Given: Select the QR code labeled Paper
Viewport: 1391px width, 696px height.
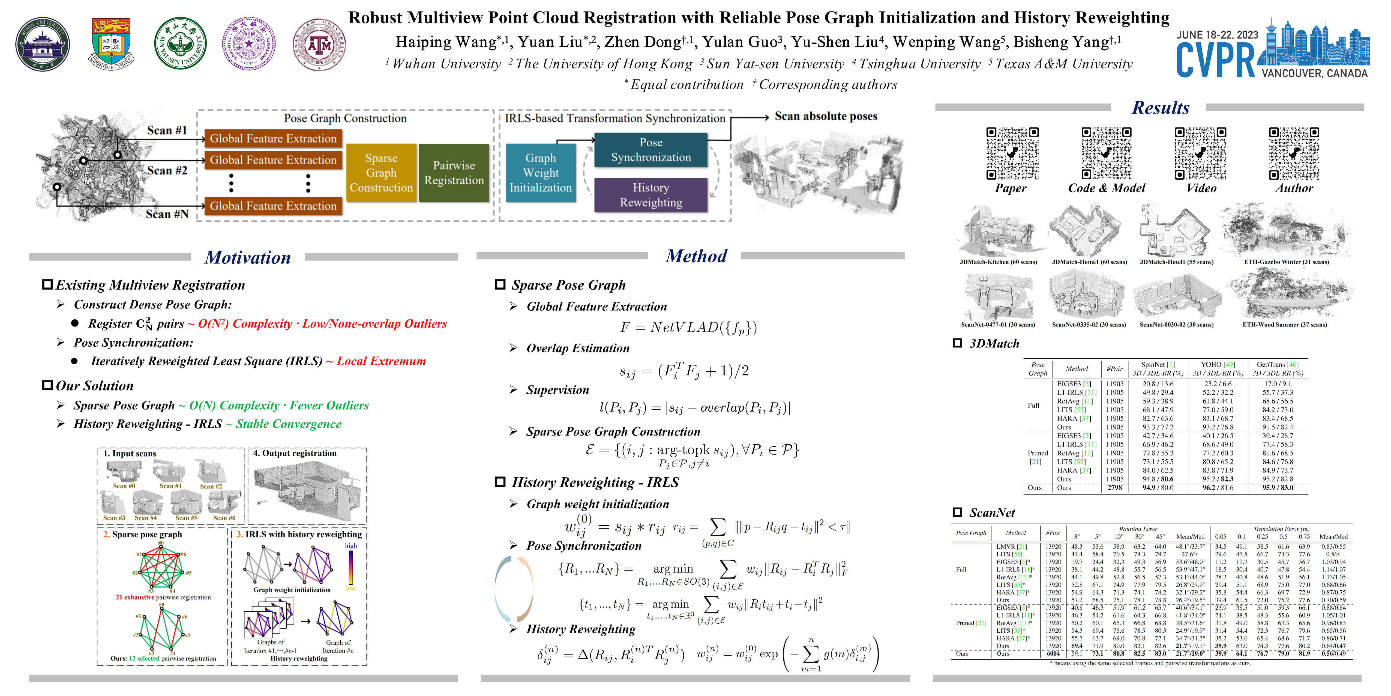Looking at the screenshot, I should pyautogui.click(x=1012, y=153).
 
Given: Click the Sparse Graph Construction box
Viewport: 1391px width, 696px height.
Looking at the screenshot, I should pyautogui.click(x=381, y=173).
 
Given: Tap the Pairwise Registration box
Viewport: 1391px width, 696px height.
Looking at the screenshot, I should pyautogui.click(x=454, y=173).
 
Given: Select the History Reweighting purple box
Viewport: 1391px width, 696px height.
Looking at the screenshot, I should pyautogui.click(x=651, y=195).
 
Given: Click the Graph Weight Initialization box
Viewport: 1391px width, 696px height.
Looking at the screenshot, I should pyautogui.click(x=541, y=173).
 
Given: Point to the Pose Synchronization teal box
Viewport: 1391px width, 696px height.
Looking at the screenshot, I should pyautogui.click(x=651, y=150).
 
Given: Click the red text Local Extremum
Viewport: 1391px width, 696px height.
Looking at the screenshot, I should pyautogui.click(x=381, y=361).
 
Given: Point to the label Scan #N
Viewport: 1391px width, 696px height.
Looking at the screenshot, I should pyautogui.click(x=167, y=214).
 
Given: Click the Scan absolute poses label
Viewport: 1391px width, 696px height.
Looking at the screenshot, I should pyautogui.click(x=826, y=116).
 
